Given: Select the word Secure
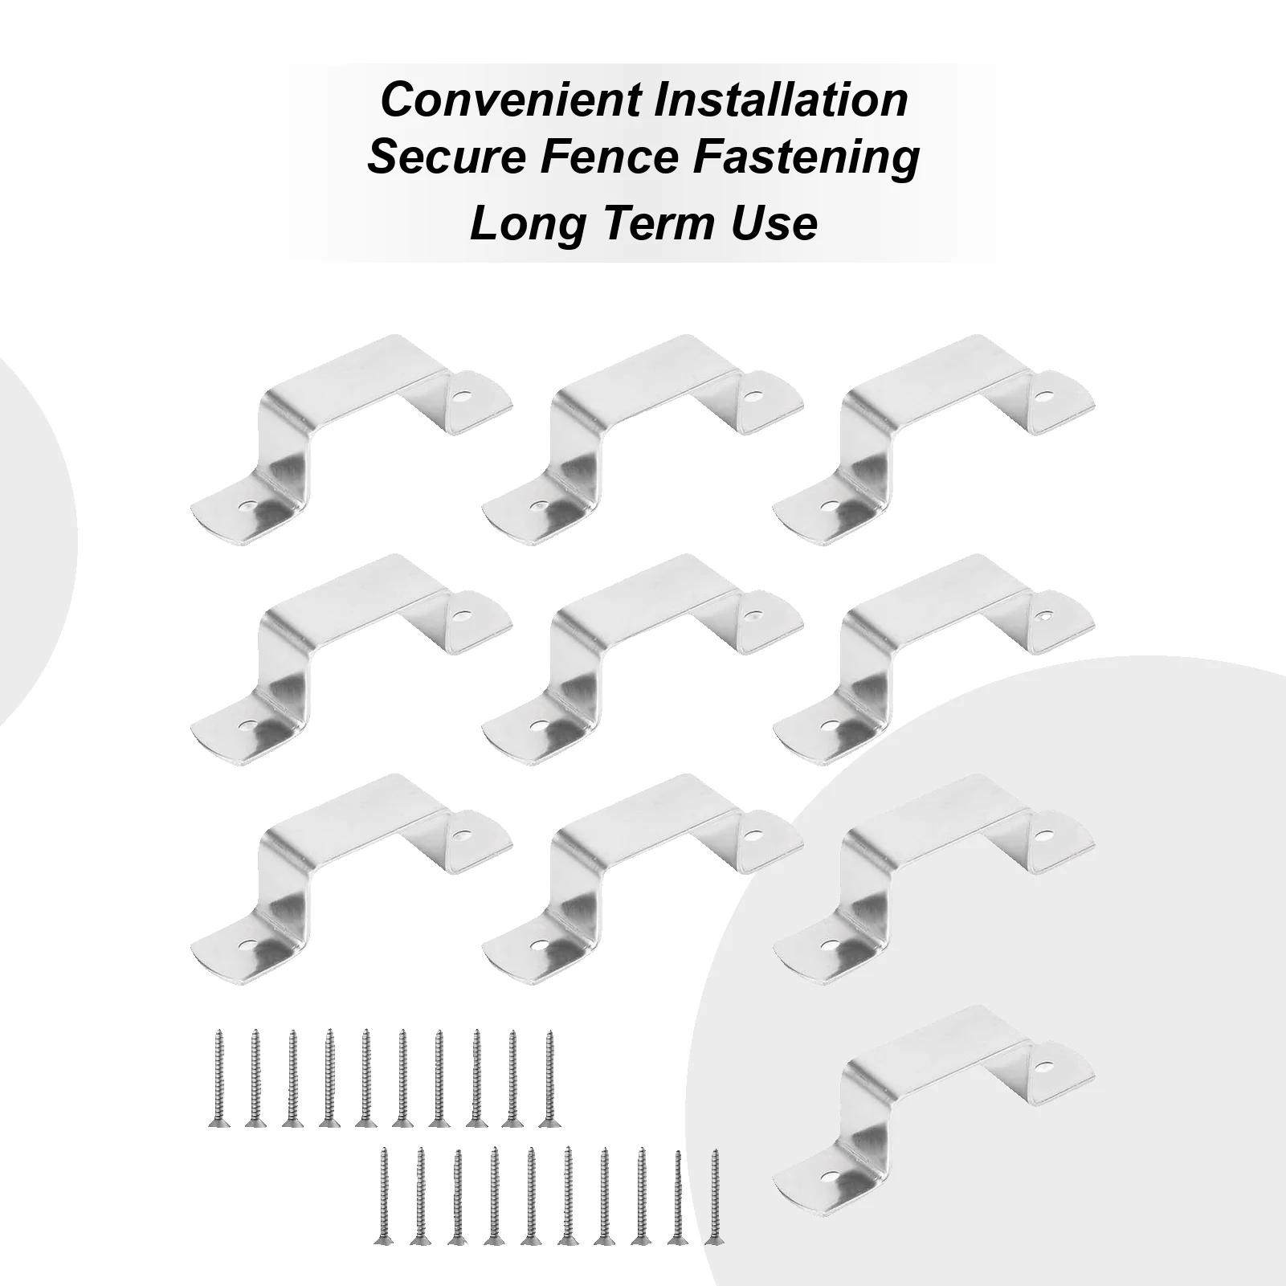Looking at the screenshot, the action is pos(445,157).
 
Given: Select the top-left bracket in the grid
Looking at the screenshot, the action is pos(353,438).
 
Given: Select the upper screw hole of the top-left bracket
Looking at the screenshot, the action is pos(461,396).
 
